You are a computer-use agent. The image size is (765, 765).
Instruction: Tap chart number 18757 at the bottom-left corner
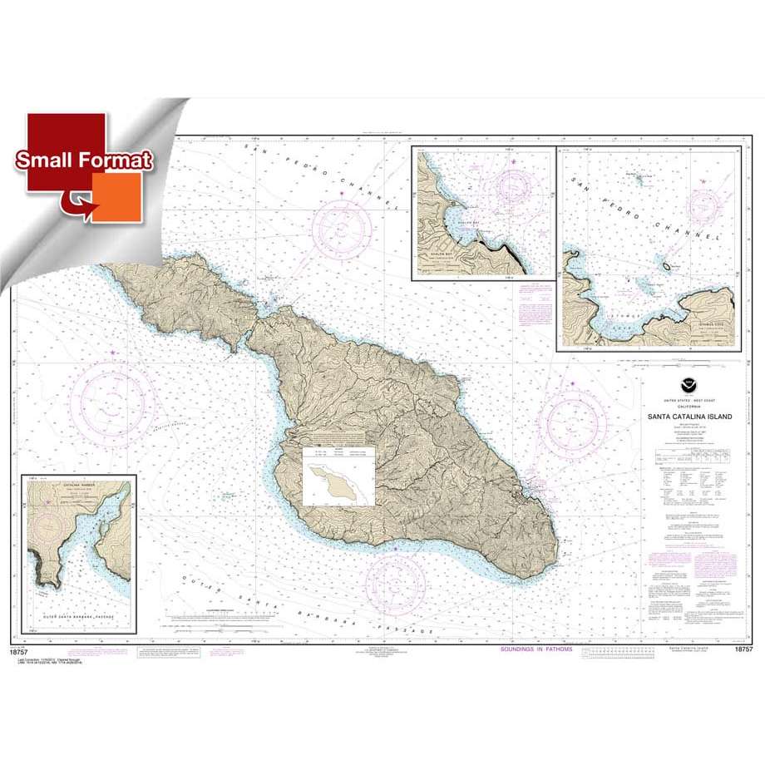21,652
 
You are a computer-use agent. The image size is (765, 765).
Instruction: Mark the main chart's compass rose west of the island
112,392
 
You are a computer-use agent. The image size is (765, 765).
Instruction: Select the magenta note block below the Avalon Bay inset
529,306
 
